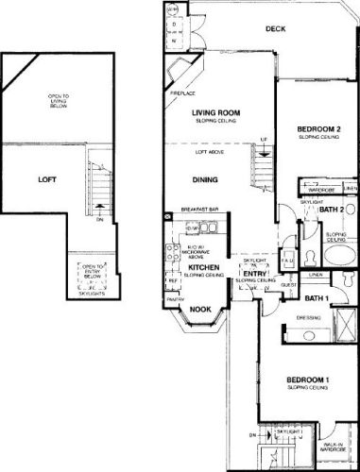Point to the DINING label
205,180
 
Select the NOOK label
199,309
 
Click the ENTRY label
255,273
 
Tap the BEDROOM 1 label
309,380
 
